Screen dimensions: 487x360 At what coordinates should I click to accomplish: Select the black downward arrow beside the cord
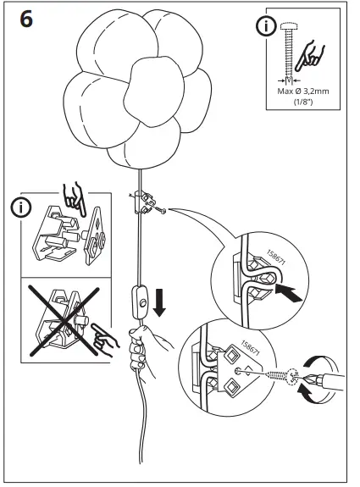[158, 303]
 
